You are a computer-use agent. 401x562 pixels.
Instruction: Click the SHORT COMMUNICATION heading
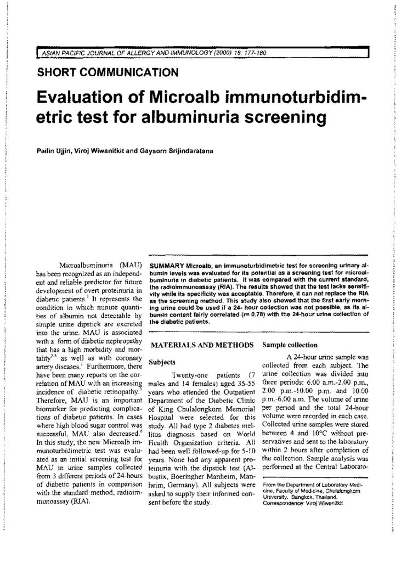coord(107,72)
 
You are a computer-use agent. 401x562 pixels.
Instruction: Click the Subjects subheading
coord(160,362)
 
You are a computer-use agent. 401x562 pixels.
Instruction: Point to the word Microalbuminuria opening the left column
coord(81,265)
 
